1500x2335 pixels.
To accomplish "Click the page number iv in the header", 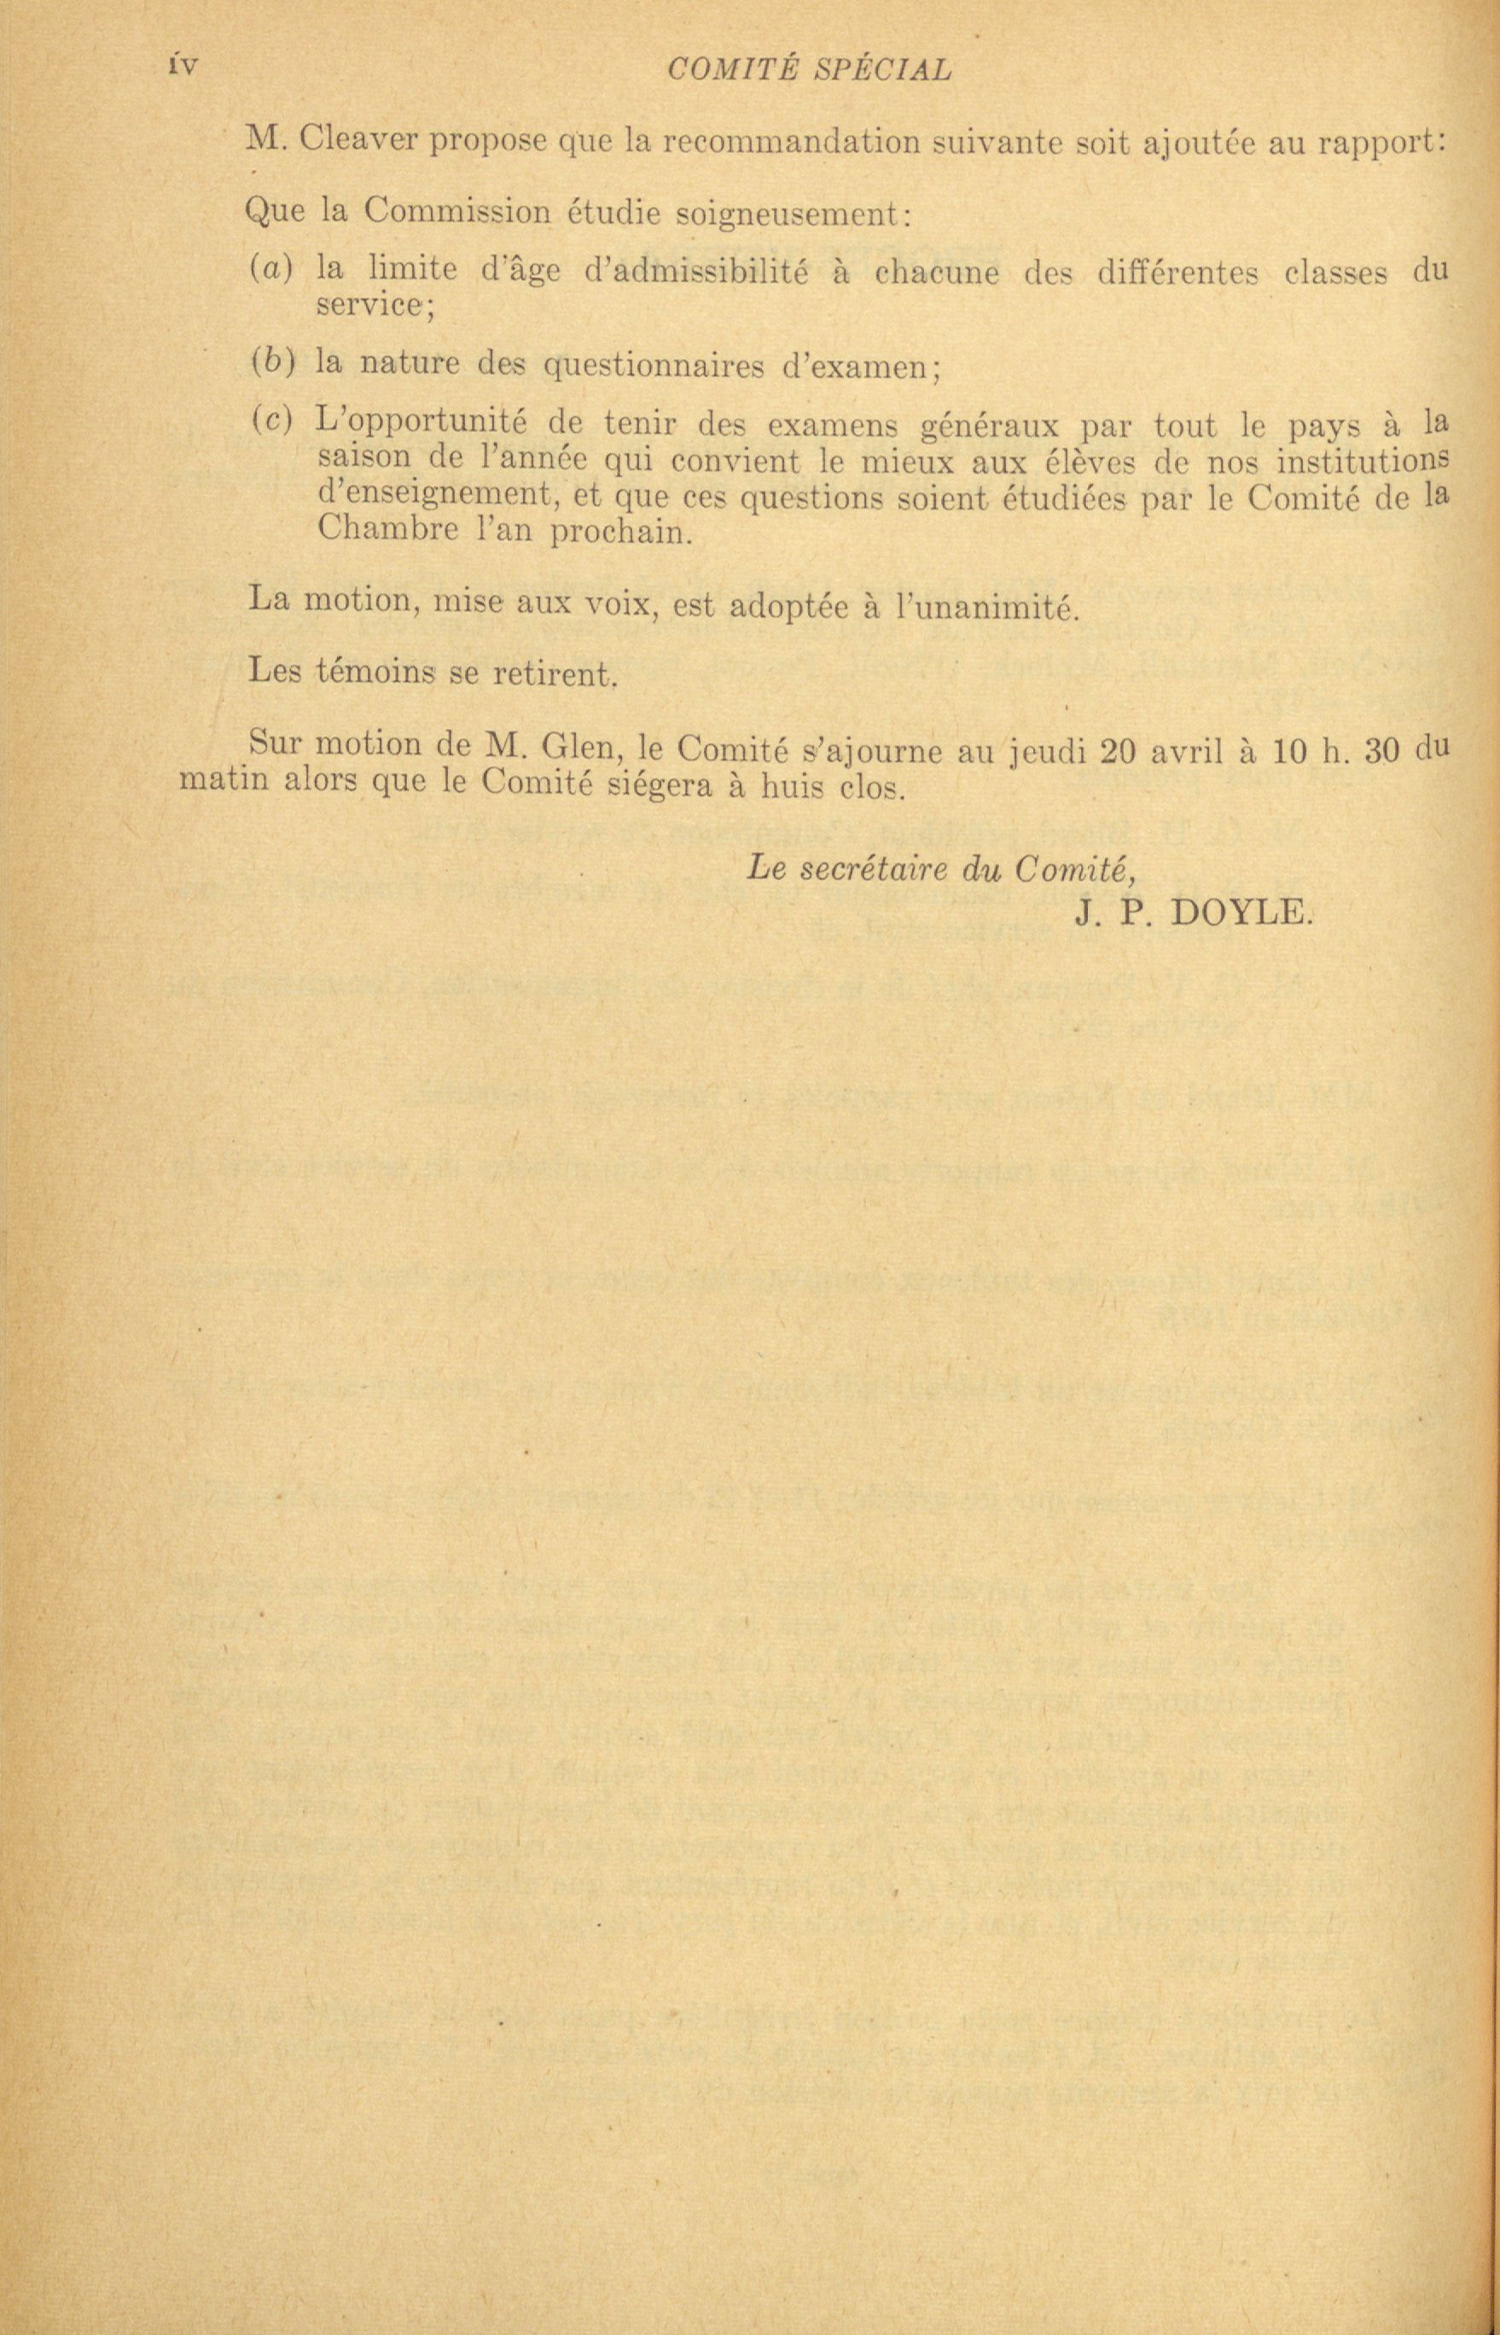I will pyautogui.click(x=182, y=68).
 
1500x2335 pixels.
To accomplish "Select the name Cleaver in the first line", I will pyautogui.click(x=359, y=142).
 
